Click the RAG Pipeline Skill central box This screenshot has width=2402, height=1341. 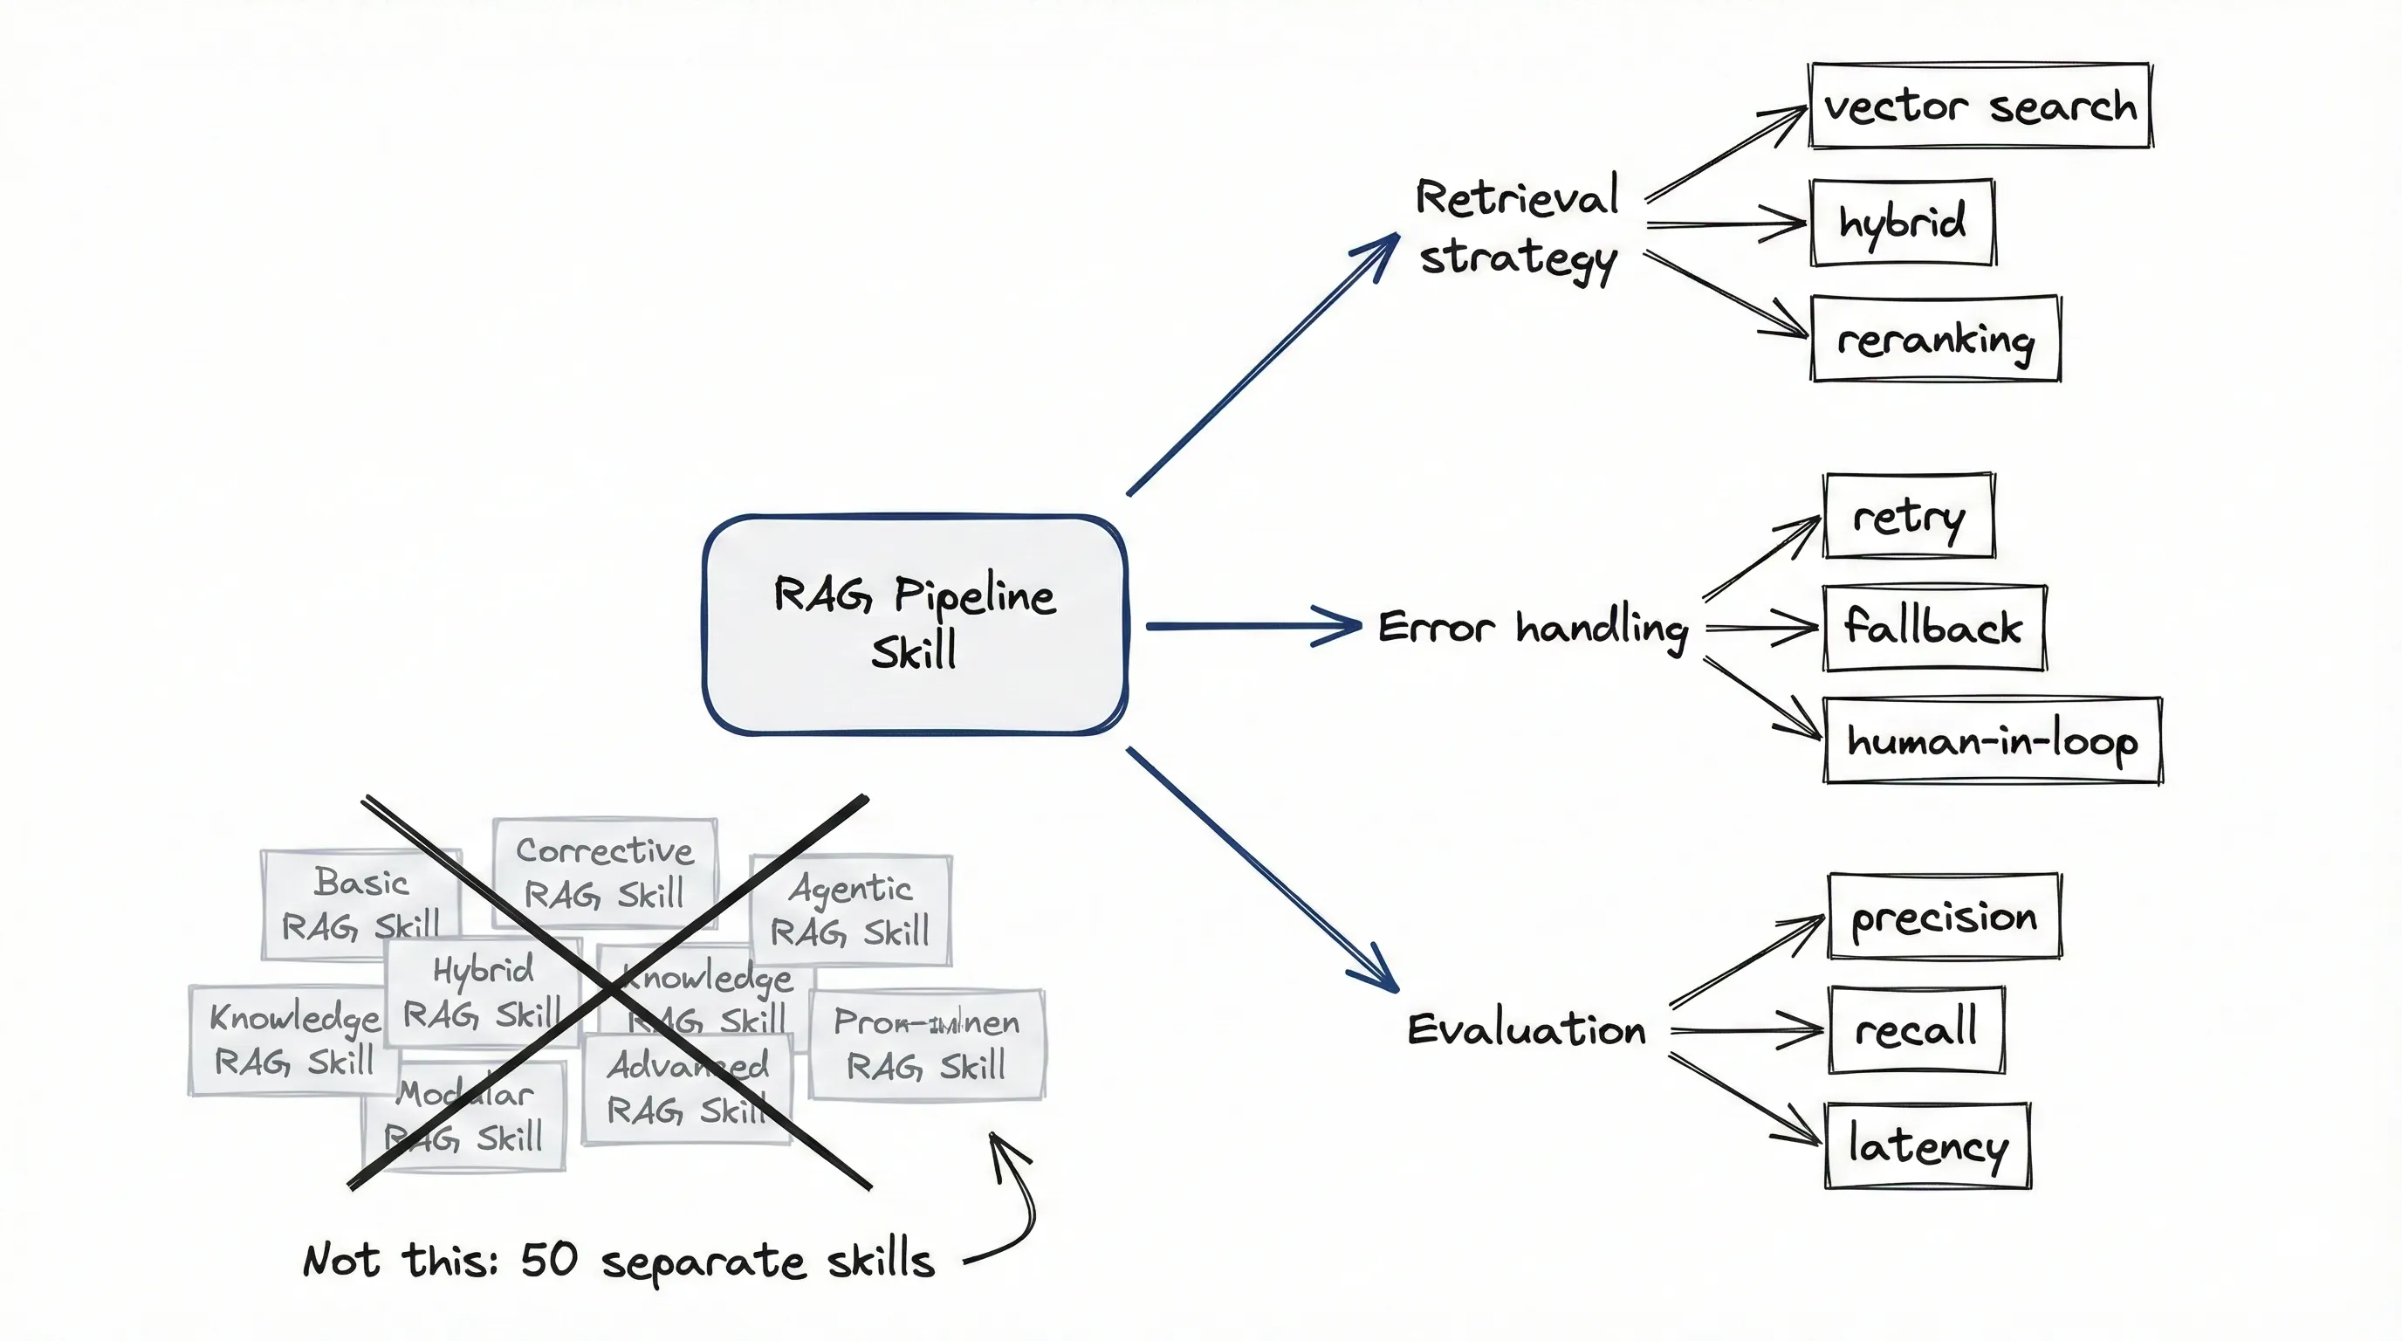click(915, 624)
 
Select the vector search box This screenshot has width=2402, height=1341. click(1979, 106)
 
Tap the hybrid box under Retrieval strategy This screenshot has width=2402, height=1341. click(1902, 223)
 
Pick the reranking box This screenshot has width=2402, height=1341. click(1935, 339)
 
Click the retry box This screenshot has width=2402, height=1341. click(1908, 516)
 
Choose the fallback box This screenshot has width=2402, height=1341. click(1934, 627)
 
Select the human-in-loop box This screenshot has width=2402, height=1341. click(1992, 741)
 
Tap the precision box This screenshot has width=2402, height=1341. click(1944, 917)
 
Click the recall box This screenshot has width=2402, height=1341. click(1916, 1029)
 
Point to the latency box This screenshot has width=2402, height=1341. click(1927, 1145)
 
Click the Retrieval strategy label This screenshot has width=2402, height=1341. click(1517, 228)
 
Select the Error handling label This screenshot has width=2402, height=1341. click(1532, 627)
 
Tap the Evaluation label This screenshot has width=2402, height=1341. click(1526, 1029)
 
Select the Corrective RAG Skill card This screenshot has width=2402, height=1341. click(604, 872)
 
